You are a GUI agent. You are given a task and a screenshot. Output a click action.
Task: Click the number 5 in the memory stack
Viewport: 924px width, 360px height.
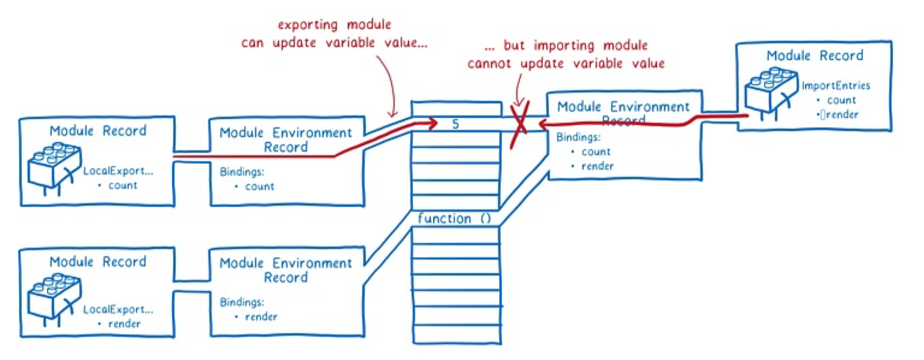(x=455, y=124)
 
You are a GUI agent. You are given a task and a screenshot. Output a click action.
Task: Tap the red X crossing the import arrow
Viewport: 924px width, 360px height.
(x=520, y=124)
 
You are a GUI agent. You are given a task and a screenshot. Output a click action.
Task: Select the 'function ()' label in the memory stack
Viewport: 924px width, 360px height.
(x=454, y=218)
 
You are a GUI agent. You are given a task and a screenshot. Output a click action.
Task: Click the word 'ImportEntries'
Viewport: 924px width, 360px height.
(x=836, y=85)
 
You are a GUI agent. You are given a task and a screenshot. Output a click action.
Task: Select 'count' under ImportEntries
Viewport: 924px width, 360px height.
(x=841, y=100)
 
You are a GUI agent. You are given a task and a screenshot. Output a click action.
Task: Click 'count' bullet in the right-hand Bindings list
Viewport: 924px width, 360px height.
(x=596, y=152)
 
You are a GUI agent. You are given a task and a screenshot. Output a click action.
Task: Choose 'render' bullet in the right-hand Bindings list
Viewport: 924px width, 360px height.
(x=597, y=166)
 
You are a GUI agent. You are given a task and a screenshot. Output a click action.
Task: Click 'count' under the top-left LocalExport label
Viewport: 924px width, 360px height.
(x=123, y=185)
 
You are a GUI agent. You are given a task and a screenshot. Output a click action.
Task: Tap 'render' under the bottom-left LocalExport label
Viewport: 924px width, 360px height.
(x=124, y=324)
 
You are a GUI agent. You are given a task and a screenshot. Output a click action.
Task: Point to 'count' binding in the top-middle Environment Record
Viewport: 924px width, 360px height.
(x=260, y=186)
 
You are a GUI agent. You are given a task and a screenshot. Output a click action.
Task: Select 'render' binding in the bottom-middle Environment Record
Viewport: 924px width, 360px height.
(x=261, y=317)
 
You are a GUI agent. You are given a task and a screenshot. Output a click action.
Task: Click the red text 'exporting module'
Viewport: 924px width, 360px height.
(x=334, y=24)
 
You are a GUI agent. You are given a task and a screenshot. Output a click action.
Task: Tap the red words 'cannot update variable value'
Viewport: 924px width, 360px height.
(x=566, y=63)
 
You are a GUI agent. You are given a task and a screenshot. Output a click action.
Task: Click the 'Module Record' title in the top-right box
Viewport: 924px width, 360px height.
(x=815, y=56)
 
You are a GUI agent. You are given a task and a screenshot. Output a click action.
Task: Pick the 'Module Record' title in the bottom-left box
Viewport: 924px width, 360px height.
(x=98, y=262)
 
